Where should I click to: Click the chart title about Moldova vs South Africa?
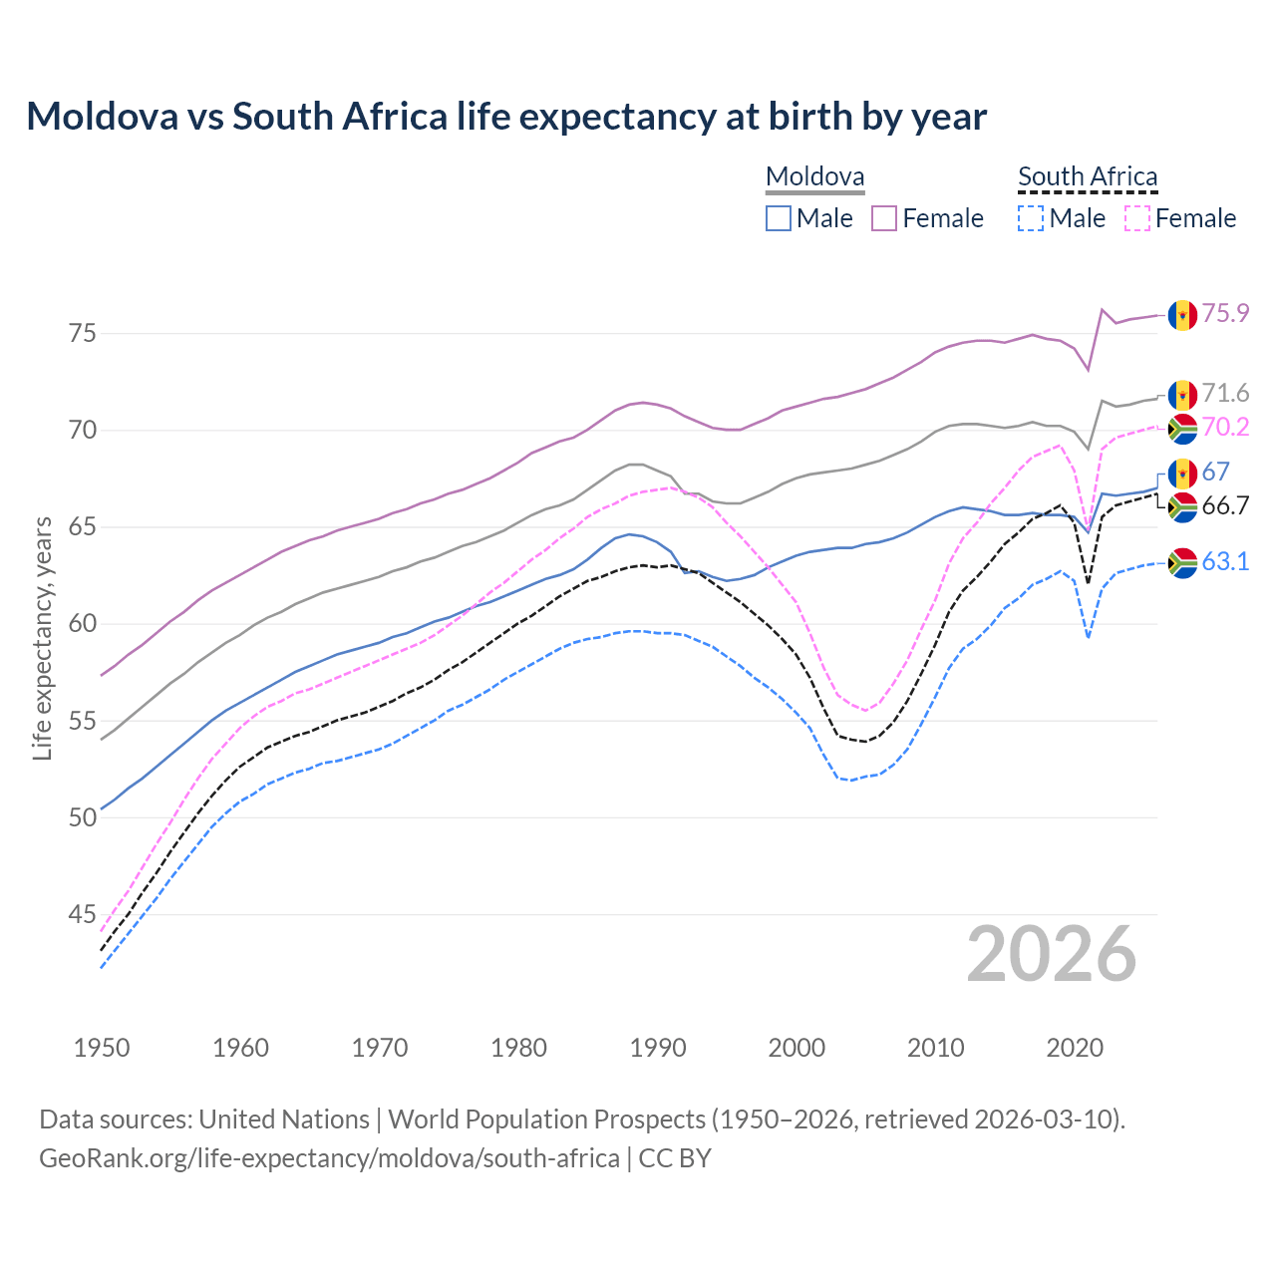[506, 117]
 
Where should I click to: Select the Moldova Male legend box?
[779, 218]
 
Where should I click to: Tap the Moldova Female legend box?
[884, 218]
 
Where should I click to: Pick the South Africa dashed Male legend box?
[1031, 218]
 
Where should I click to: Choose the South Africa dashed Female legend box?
[1136, 218]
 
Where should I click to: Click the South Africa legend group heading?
[1088, 177]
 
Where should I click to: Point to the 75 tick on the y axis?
[83, 333]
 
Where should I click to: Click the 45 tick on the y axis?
[83, 914]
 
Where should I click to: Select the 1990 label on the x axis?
[658, 1048]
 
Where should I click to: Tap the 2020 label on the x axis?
[1075, 1048]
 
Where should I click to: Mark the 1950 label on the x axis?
[102, 1048]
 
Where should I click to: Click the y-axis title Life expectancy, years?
[43, 638]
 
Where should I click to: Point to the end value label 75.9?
[1225, 314]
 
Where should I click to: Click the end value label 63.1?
[1225, 562]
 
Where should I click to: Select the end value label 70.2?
[1225, 428]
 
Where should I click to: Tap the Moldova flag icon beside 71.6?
[1182, 395]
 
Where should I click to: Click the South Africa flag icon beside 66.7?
[1182, 507]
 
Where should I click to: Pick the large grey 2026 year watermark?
[1052, 954]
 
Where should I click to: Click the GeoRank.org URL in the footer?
[329, 1158]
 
